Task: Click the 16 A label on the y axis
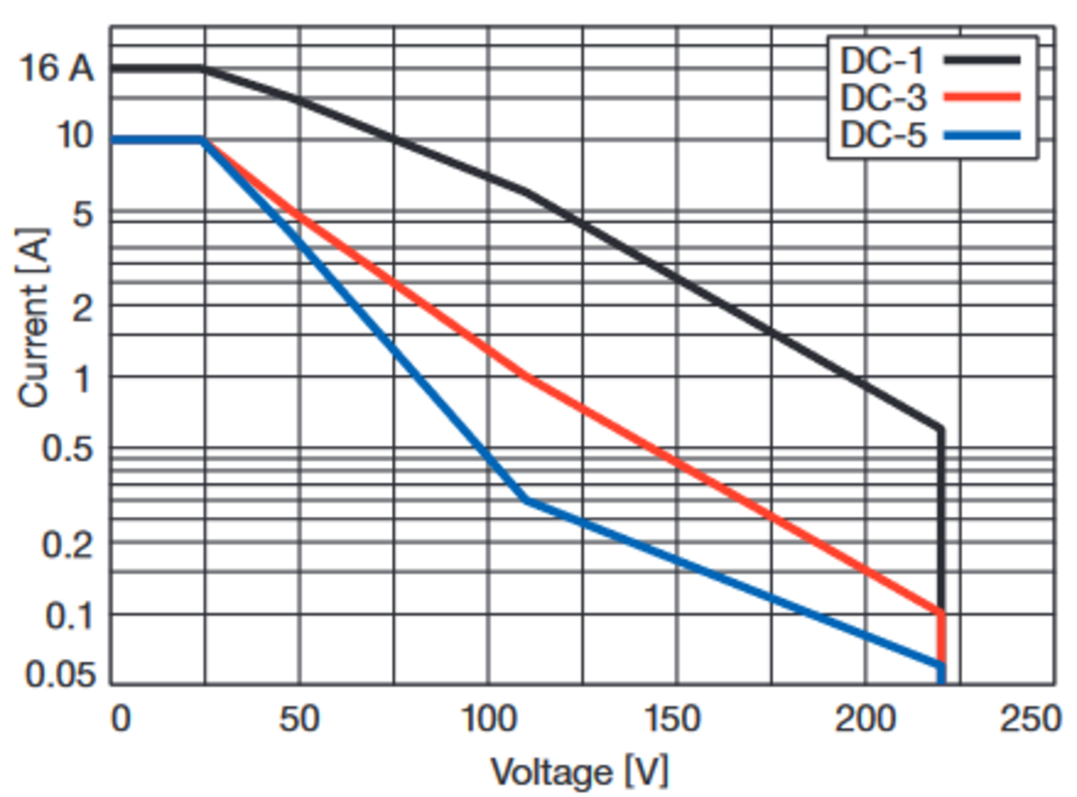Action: click(x=56, y=69)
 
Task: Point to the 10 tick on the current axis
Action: click(x=75, y=135)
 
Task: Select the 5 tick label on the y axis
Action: click(x=83, y=214)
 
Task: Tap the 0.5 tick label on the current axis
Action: click(x=67, y=449)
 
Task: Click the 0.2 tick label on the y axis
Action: click(x=67, y=545)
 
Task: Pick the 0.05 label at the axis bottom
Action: click(x=60, y=675)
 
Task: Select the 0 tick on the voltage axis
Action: click(x=121, y=719)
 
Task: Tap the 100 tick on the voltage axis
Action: click(x=488, y=719)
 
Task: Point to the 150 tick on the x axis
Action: click(x=672, y=719)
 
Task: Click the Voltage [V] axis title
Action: click(x=579, y=773)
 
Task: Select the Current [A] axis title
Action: click(x=33, y=318)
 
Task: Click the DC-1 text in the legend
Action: click(x=882, y=61)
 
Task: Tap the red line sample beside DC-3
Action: click(x=982, y=97)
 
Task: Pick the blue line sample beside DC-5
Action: click(x=982, y=135)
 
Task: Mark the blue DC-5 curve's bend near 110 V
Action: click(x=526, y=499)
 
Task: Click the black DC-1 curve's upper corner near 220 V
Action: click(x=940, y=429)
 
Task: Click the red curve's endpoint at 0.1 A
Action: click(x=941, y=612)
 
